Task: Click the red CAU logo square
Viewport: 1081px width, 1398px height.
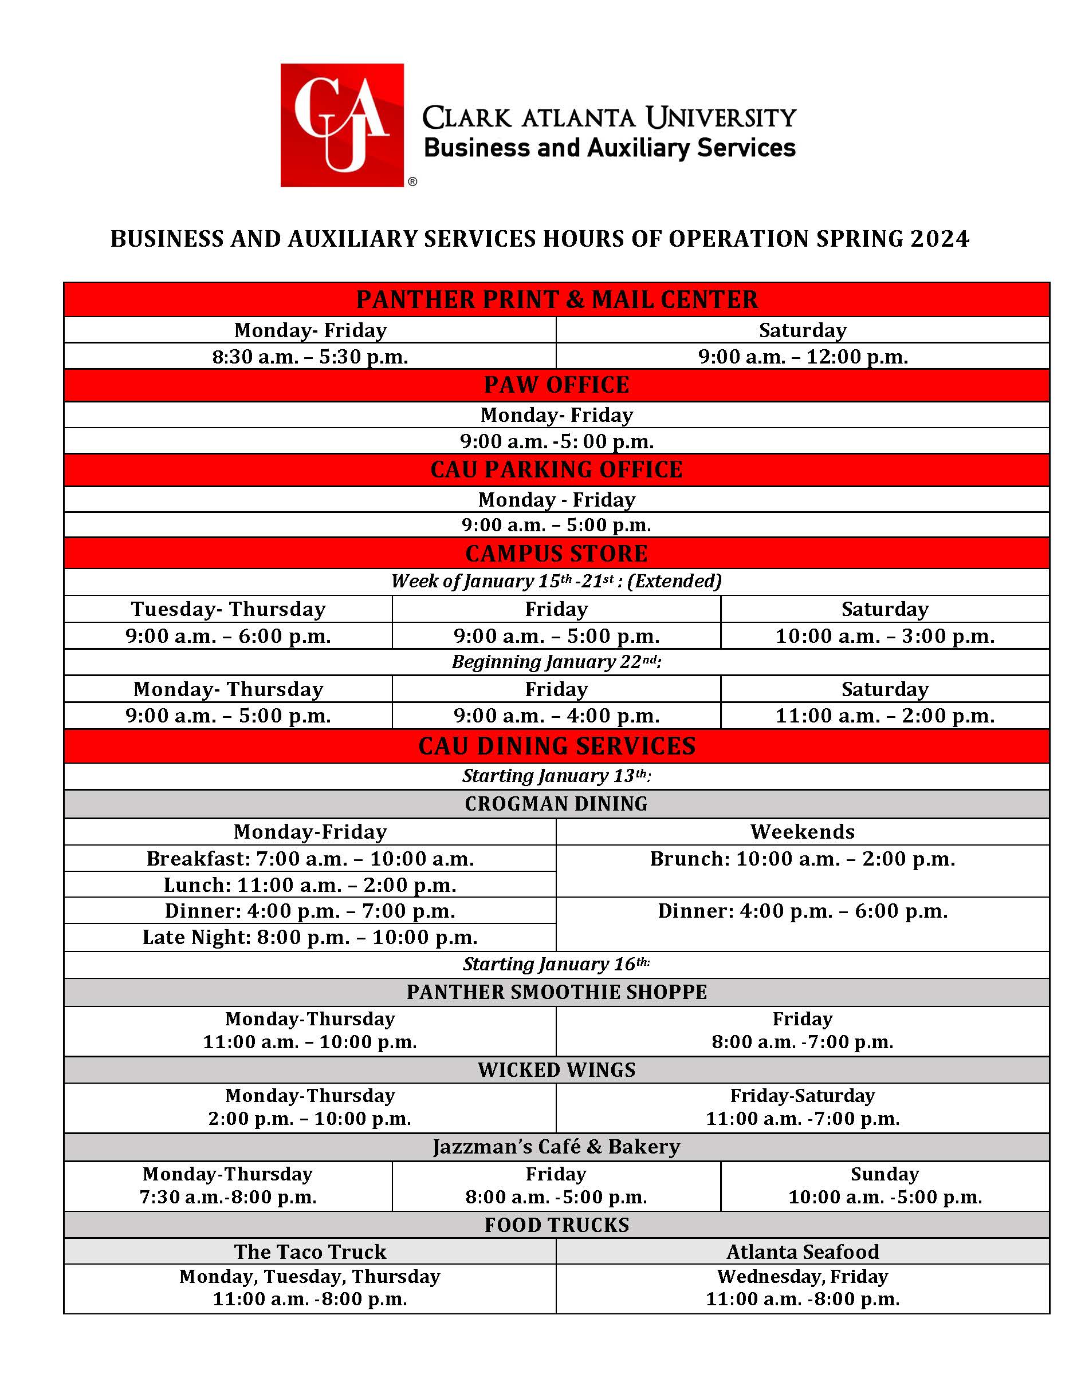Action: [341, 125]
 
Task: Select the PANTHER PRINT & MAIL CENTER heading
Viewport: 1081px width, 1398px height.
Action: [556, 299]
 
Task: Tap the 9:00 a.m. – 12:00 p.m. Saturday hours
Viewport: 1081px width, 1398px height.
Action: [803, 357]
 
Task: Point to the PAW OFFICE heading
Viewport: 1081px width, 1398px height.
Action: [556, 385]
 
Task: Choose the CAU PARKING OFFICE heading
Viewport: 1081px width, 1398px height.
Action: [556, 470]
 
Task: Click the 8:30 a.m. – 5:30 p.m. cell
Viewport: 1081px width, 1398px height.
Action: [310, 357]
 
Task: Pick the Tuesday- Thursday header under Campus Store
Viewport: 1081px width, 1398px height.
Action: [228, 609]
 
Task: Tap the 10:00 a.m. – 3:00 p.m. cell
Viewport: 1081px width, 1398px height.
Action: [885, 636]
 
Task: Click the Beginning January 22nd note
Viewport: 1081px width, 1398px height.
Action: [556, 662]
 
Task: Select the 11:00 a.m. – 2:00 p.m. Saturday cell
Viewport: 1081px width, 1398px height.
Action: [885, 716]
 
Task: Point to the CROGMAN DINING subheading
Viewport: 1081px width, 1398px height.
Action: [556, 804]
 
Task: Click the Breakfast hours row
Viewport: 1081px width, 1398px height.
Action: [310, 858]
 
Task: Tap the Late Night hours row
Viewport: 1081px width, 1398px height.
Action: [310, 937]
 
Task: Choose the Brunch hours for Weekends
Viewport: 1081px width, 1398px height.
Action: [803, 858]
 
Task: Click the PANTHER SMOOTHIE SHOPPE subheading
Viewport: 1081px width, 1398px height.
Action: [556, 992]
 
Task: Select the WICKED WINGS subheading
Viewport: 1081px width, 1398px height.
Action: [556, 1069]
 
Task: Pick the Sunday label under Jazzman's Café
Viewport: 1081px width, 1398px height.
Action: [885, 1174]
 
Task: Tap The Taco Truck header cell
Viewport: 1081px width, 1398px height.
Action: [310, 1251]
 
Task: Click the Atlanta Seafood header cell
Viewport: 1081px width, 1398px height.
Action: [803, 1251]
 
